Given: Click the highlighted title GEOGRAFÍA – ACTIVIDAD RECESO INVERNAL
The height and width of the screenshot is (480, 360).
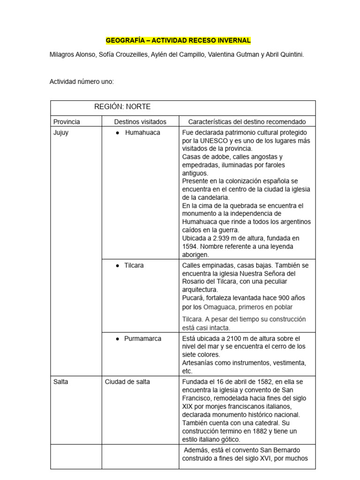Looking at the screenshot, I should tap(178, 41).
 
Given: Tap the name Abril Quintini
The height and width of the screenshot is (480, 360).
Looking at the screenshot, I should tap(284, 55).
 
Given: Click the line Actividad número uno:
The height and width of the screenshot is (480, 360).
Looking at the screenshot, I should tap(82, 82).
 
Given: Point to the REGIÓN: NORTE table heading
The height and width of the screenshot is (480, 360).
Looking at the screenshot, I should tap(122, 107).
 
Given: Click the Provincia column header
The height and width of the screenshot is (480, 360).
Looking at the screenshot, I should tap(67, 121).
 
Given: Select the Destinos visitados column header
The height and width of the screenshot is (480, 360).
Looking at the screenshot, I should tap(140, 121).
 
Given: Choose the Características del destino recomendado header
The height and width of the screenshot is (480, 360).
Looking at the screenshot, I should tap(247, 121).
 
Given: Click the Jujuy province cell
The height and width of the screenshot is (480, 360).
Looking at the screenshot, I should tap(61, 133).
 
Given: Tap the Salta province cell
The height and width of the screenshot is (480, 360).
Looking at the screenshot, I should tap(61, 382).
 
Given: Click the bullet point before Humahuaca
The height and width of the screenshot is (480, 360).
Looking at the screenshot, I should tap(117, 133).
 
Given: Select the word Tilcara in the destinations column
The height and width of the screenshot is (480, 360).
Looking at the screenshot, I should tap(134, 265).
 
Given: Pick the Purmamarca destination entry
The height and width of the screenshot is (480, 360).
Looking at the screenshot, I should tap(142, 338).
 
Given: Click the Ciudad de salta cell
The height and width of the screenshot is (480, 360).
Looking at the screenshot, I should tap(127, 382).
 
